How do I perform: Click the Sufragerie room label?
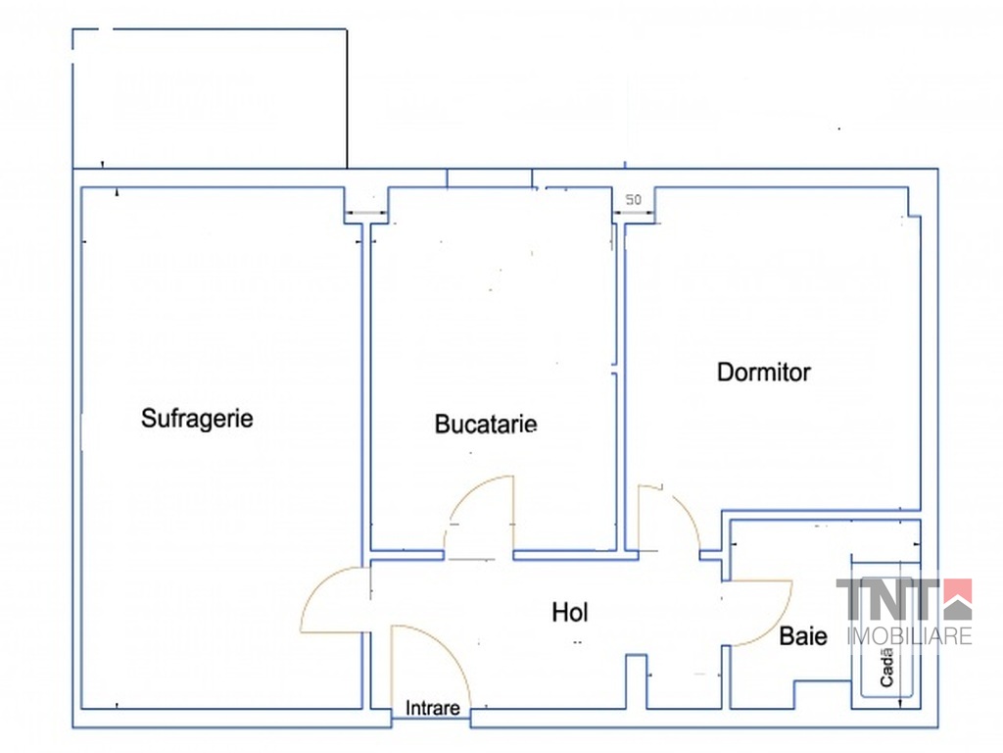point(197,419)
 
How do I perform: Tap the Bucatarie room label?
point(486,425)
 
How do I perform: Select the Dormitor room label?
point(764,373)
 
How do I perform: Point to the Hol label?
point(570,614)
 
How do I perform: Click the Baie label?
point(803,636)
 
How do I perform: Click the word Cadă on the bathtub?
point(886,667)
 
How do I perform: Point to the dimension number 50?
point(634,200)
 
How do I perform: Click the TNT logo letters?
point(886,599)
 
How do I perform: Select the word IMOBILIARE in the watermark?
point(904,636)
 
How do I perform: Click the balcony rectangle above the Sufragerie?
point(210,98)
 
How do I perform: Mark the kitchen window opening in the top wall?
point(490,178)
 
